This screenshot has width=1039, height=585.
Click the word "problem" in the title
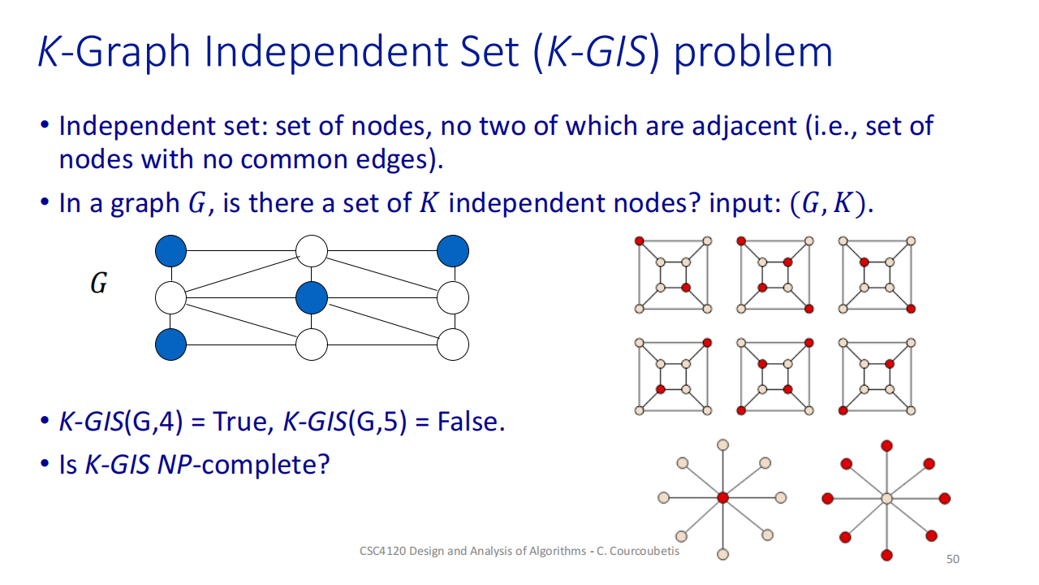point(753,52)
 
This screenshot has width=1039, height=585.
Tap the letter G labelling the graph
point(98,285)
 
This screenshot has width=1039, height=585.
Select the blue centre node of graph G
point(312,298)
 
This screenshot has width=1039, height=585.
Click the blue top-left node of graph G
point(170,251)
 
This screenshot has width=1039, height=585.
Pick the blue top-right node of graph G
point(453,251)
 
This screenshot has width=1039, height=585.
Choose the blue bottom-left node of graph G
point(170,344)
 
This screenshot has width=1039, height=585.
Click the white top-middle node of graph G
point(312,251)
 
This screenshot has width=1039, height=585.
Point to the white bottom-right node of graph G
point(453,344)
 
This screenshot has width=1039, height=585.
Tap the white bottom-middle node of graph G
point(312,344)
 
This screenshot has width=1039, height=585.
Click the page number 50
point(953,559)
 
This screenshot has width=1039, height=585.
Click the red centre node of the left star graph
point(722,497)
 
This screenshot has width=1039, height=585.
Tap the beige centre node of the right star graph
point(886,497)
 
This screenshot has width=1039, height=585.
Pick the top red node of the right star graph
point(886,445)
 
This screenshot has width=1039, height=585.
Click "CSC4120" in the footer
point(382,551)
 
